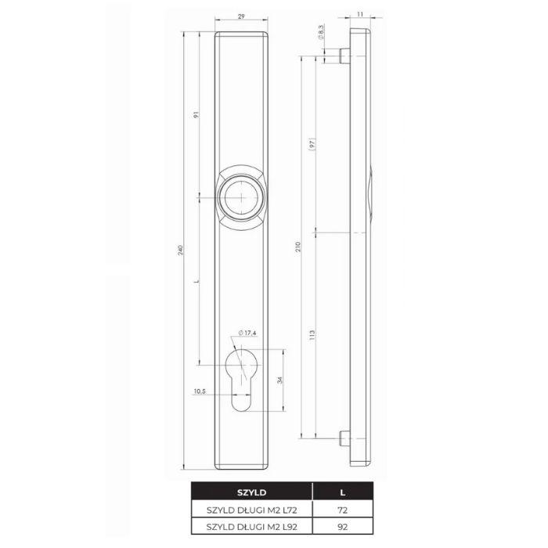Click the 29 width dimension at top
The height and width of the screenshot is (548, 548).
243,15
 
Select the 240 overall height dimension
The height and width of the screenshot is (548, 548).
182,251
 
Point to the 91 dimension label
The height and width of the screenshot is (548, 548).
198,114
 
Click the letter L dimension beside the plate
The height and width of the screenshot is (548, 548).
198,281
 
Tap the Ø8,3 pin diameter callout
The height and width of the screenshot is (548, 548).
322,32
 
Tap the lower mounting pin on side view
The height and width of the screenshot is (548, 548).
344,438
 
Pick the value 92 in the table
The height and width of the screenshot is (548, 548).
342,527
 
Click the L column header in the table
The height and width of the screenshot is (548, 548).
342,493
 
